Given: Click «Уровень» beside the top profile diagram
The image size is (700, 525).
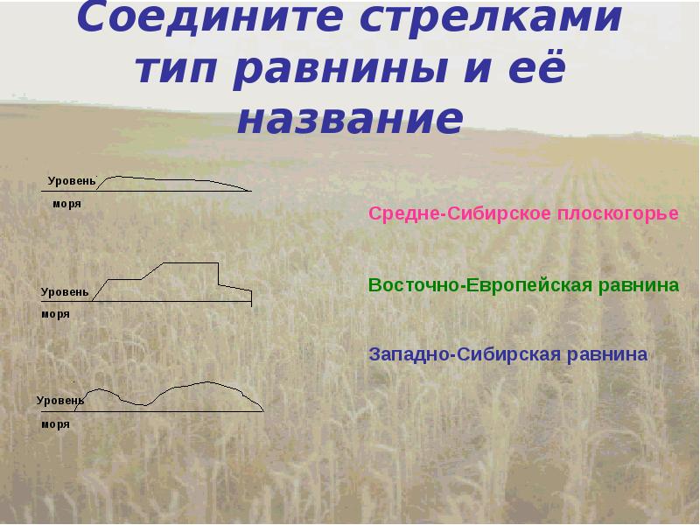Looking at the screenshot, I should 71,180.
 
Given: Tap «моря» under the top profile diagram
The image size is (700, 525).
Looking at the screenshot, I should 66,203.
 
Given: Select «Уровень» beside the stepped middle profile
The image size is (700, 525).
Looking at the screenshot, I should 64,290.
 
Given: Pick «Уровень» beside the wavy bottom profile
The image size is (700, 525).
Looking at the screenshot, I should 60,400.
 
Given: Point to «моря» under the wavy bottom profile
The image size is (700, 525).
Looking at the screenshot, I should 54,423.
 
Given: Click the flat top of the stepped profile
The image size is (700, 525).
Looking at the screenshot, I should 192,262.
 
